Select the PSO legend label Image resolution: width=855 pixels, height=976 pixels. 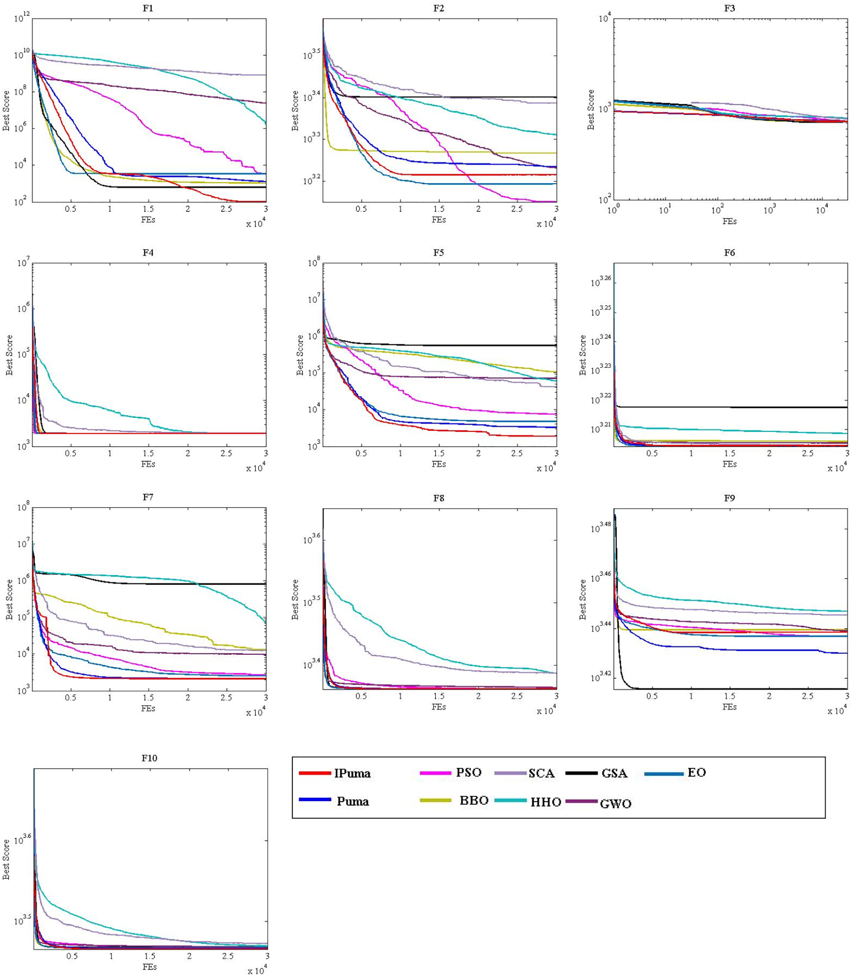pyautogui.click(x=468, y=772)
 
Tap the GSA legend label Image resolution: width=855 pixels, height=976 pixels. pyautogui.click(x=614, y=773)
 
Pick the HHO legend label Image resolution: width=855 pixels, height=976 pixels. pyautogui.click(x=546, y=802)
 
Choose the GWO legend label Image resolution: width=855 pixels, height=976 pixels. pyautogui.click(x=615, y=804)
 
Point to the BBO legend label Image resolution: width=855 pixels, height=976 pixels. pyautogui.click(x=474, y=801)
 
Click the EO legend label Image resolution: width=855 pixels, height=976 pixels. pyautogui.click(x=697, y=772)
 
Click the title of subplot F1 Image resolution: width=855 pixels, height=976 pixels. pyautogui.click(x=148, y=8)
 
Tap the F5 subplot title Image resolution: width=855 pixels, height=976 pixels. pyautogui.click(x=438, y=253)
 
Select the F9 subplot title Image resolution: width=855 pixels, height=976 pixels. pyautogui.click(x=729, y=498)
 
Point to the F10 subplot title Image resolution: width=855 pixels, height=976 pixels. pyautogui.click(x=149, y=758)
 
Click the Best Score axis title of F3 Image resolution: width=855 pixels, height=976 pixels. pyautogui.click(x=591, y=109)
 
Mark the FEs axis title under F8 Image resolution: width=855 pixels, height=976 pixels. pyautogui.click(x=438, y=707)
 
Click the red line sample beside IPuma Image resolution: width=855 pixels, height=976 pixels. pyautogui.click(x=315, y=773)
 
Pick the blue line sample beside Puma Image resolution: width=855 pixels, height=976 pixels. pyautogui.click(x=315, y=800)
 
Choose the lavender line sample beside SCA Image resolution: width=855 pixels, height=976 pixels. pyautogui.click(x=510, y=773)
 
